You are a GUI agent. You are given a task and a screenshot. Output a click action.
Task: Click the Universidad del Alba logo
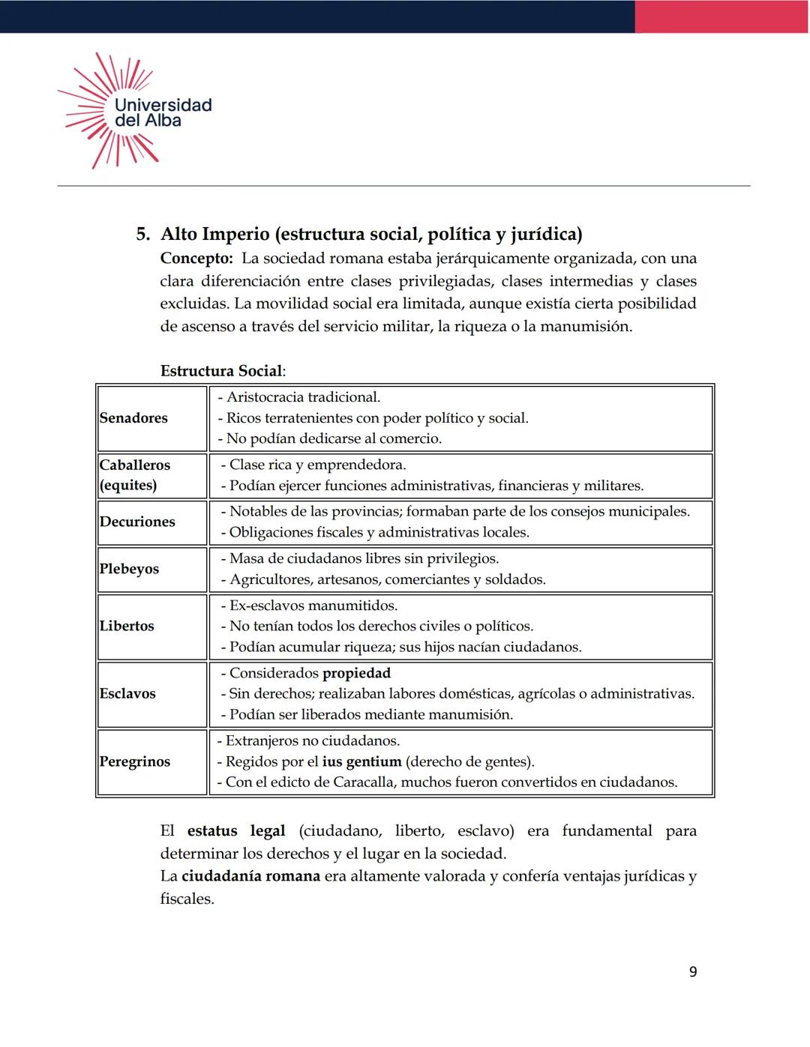135,111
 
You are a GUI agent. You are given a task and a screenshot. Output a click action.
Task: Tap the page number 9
692,971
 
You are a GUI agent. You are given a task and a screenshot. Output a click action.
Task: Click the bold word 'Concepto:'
196,259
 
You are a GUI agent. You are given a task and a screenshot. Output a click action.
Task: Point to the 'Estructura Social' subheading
221,371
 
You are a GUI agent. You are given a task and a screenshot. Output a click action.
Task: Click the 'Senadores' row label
133,418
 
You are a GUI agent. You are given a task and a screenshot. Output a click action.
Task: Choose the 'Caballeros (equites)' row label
135,475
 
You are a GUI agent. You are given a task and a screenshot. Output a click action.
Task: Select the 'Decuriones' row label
137,522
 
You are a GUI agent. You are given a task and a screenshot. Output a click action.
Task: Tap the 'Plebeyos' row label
129,569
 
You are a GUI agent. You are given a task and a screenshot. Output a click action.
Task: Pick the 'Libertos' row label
127,626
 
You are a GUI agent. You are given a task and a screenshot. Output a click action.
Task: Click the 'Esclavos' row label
127,693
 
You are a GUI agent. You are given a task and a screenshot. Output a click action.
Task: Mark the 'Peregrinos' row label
135,761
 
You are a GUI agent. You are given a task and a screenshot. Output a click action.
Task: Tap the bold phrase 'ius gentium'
361,761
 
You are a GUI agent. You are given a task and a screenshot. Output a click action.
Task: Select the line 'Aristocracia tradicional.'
299,397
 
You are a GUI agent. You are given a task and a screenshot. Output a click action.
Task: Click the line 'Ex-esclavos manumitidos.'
309,606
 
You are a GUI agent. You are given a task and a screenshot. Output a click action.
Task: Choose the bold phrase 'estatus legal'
236,830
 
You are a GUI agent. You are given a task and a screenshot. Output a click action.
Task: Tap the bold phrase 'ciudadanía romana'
250,876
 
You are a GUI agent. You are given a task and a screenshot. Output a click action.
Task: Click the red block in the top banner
721,16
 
